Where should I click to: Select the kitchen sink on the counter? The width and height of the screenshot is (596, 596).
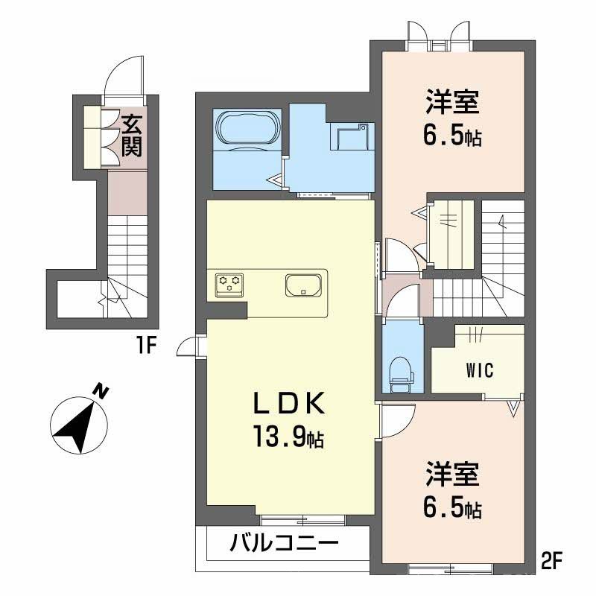(303, 285)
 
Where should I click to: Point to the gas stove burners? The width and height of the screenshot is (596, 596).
(229, 283)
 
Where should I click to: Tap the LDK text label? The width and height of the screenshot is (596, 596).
(288, 404)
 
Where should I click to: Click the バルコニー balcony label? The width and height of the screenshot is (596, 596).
(284, 542)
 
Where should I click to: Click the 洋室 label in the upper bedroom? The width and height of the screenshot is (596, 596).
(452, 102)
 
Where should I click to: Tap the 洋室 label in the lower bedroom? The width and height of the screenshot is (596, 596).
(452, 475)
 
